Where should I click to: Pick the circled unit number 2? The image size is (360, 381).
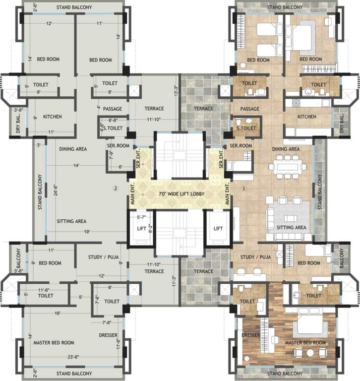[x=115, y=188]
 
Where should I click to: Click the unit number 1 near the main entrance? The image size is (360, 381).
[x=244, y=188]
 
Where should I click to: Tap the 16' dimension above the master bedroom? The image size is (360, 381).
[x=58, y=313]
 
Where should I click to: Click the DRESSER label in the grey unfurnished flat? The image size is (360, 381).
[x=108, y=335]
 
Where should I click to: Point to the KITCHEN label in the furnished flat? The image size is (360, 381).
[x=306, y=117]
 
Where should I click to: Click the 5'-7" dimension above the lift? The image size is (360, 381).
[x=140, y=217]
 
